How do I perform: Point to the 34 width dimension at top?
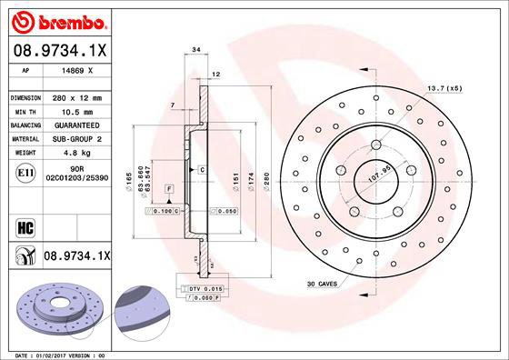pos(195,51)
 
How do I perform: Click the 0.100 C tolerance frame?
pos(162,211)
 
